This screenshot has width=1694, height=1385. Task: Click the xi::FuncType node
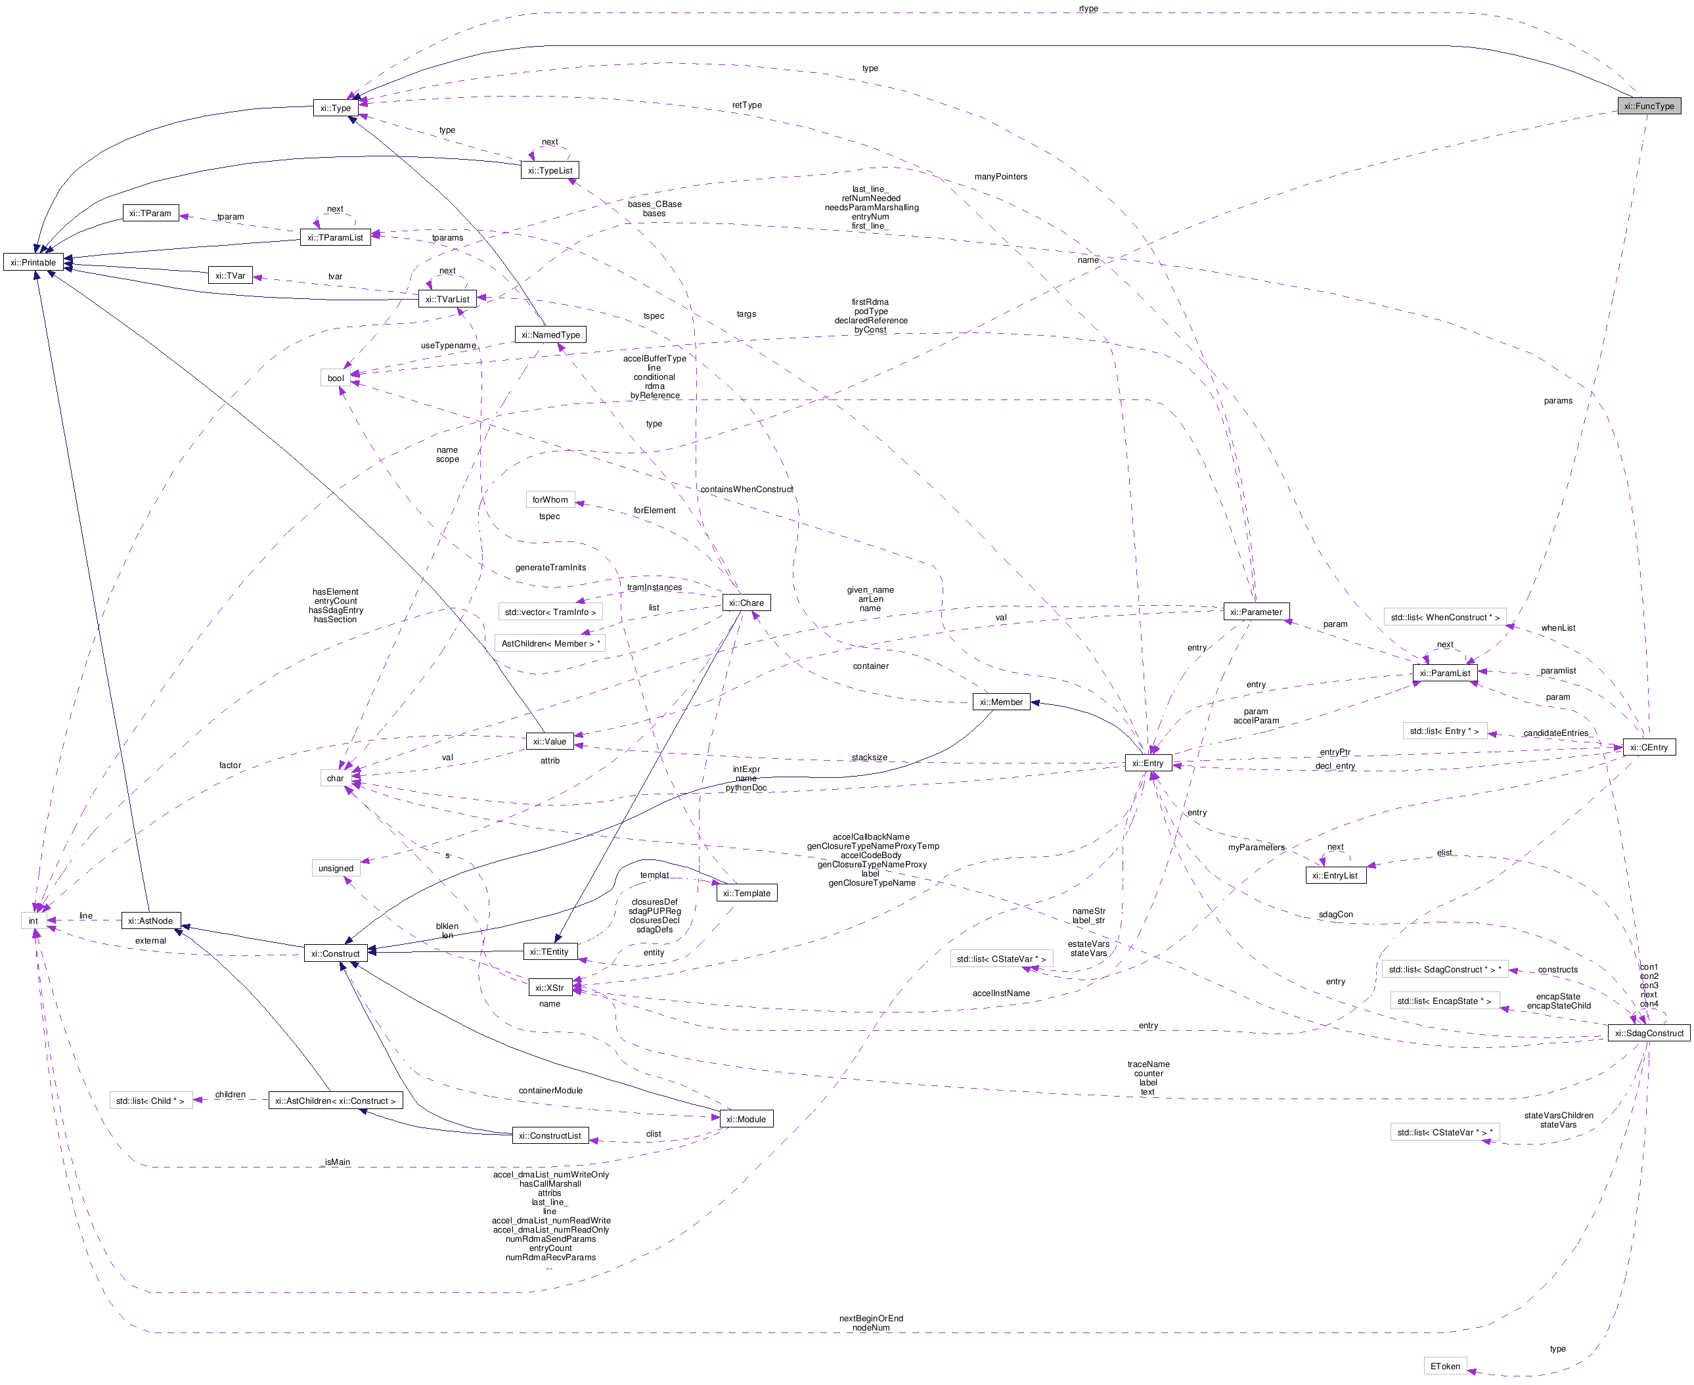coord(1649,106)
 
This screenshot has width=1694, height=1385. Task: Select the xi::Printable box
coord(33,263)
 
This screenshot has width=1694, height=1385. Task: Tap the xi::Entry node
coord(1148,763)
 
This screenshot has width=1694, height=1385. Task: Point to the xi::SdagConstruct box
coord(1648,1033)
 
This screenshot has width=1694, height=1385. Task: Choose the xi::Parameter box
coord(1255,612)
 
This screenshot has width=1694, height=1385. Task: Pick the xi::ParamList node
coord(1444,673)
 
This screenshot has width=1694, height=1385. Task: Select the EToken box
coord(1445,1366)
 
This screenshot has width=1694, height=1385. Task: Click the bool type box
coord(336,378)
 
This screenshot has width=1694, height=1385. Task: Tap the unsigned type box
coord(336,868)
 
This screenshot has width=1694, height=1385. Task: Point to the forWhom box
coord(550,499)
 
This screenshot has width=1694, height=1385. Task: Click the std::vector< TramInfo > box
coord(550,612)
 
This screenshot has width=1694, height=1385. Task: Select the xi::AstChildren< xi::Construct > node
coord(335,1101)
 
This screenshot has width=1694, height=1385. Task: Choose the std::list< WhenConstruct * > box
coord(1444,618)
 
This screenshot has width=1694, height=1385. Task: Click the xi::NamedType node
coord(550,335)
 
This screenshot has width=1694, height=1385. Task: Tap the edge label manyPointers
coord(1000,176)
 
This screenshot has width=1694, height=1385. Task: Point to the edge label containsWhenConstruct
coord(747,489)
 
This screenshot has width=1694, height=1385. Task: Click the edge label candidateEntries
coord(1555,733)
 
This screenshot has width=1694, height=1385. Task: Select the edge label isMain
coord(338,1162)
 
